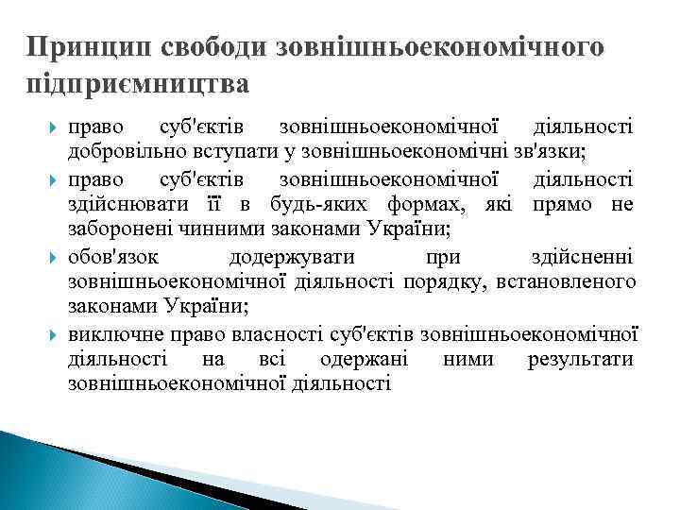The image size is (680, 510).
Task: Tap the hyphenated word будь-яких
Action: click(x=314, y=204)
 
